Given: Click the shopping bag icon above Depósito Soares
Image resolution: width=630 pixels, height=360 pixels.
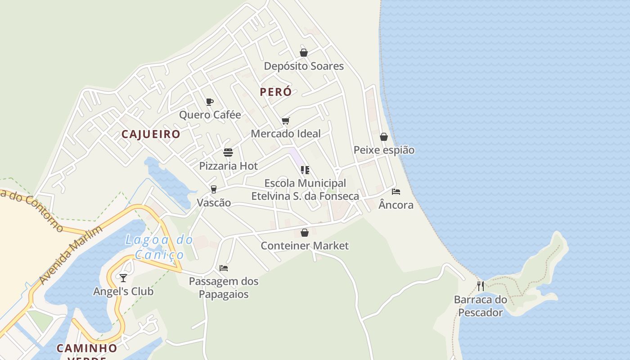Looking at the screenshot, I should point(304,53).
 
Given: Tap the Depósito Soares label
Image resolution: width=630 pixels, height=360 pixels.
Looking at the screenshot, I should point(304,66).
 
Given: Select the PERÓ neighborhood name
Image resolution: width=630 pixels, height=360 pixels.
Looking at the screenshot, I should point(276,92).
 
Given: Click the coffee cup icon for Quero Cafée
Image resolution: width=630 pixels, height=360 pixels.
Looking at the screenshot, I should point(209,102).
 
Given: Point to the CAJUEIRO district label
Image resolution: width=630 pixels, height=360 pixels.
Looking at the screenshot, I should point(151,134).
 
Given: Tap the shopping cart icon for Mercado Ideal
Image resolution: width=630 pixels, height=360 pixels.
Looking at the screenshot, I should point(285,121).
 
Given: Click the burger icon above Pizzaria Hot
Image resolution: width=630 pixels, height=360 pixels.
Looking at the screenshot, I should point(228,152).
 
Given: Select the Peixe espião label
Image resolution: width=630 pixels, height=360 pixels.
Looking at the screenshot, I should point(384,150).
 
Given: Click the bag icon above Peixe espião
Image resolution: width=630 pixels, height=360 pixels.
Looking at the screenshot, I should point(384,137).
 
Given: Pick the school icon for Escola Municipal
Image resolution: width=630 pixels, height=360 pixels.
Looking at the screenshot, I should point(305,170).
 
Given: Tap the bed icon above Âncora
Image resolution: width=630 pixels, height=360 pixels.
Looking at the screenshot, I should point(396,192).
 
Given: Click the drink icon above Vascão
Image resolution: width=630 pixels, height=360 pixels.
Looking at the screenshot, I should point(214,189).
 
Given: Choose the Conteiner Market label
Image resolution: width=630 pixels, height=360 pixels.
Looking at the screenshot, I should point(305,246).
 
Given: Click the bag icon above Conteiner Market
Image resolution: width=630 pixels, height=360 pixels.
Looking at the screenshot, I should point(305,233).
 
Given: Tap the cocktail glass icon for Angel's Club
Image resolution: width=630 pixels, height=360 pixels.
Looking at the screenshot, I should point(123,278).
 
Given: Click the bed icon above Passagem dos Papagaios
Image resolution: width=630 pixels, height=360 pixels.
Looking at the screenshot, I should point(224,268).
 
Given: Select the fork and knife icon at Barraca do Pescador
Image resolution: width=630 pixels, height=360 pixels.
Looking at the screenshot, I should point(481,286).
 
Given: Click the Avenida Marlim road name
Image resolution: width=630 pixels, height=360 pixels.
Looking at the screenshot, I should point(71,254).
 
